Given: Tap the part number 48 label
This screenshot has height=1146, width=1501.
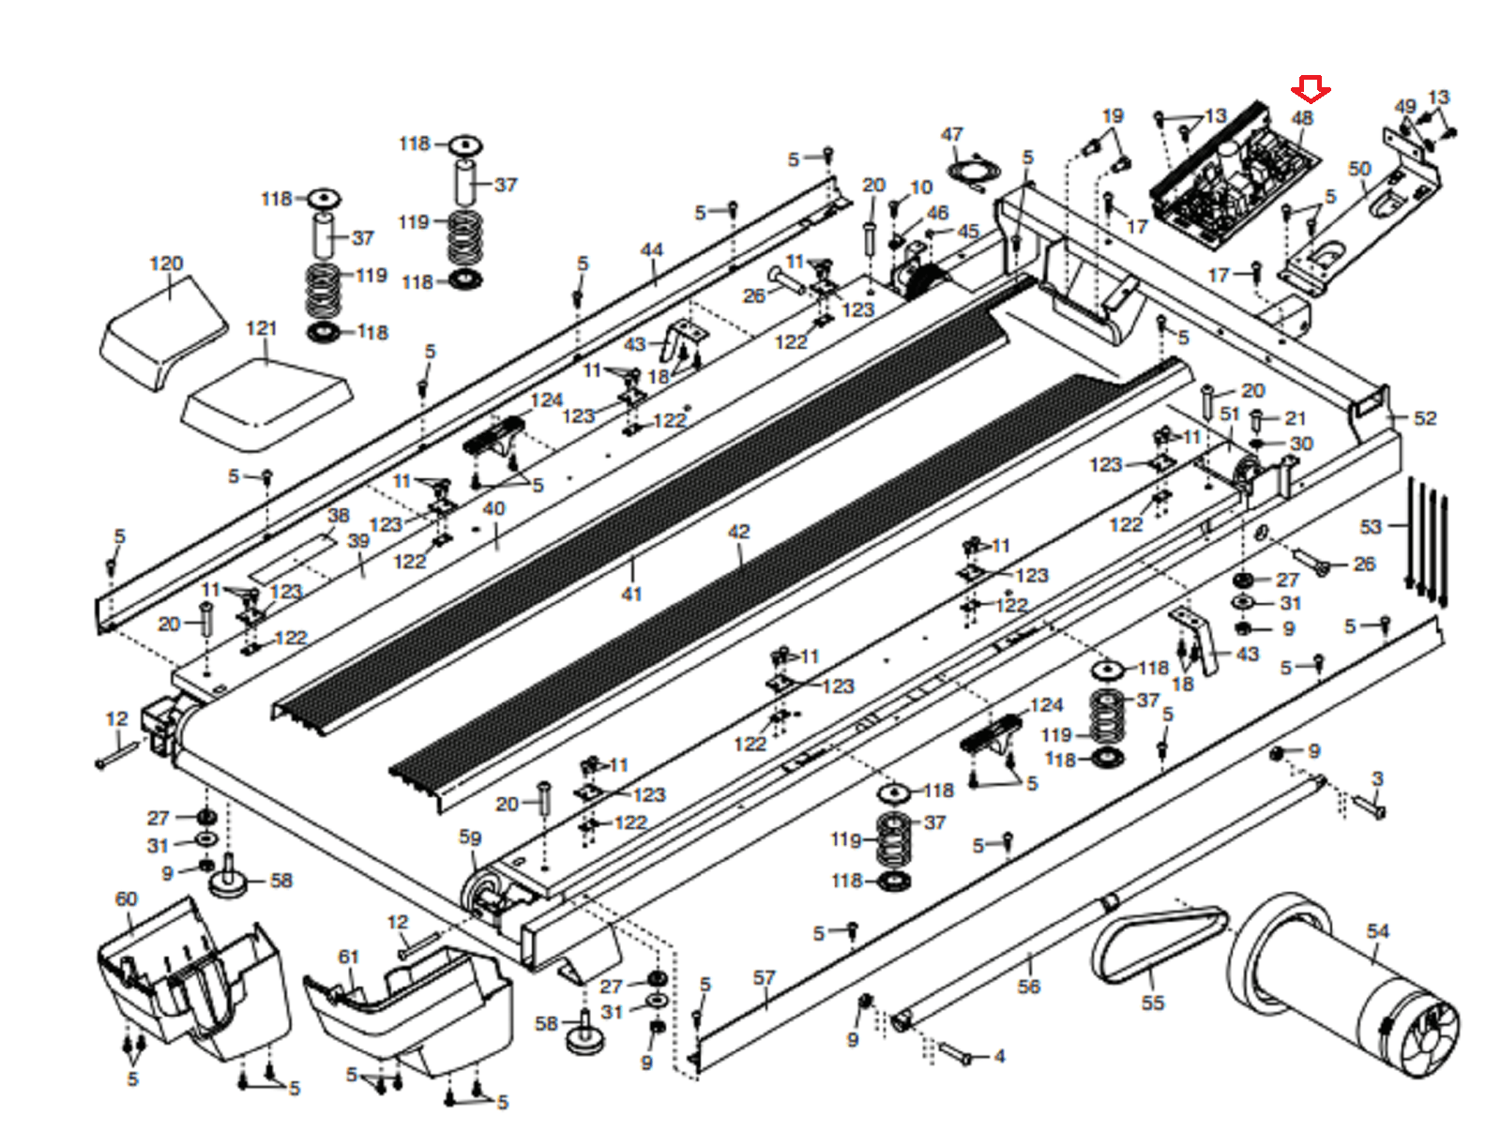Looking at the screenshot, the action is click(1301, 118).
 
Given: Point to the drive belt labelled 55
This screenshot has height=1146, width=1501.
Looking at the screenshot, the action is click(1156, 946).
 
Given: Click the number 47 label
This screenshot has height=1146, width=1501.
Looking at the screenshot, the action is click(952, 135).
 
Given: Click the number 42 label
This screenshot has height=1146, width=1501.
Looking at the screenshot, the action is click(738, 532).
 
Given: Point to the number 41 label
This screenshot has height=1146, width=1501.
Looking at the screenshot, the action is click(631, 594).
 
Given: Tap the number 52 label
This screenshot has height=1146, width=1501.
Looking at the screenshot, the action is click(1425, 418).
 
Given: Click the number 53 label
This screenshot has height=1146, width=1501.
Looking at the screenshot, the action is click(1372, 527).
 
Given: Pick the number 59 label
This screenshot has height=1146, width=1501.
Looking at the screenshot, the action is click(470, 837).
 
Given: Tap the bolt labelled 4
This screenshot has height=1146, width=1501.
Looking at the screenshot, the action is click(955, 1053).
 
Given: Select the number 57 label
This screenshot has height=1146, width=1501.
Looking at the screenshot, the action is click(764, 978).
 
